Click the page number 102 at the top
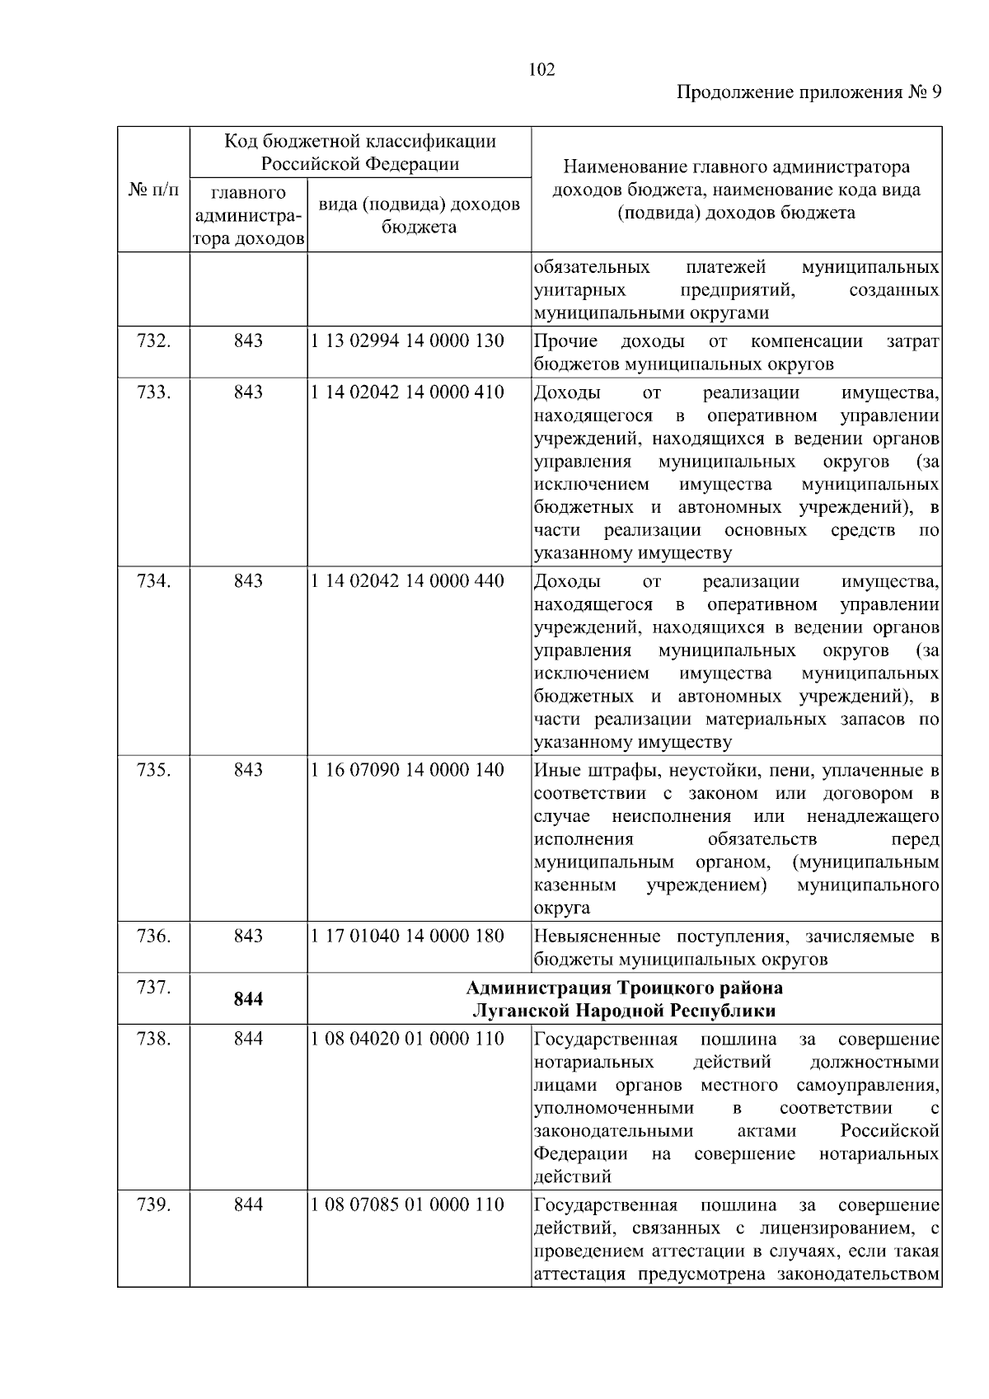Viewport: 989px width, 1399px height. pos(541,69)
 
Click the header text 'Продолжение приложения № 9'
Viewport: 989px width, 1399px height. pos(809,92)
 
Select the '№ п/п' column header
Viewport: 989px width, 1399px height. pos(153,190)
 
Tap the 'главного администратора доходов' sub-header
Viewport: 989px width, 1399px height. pos(248,216)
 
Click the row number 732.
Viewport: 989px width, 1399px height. pos(153,340)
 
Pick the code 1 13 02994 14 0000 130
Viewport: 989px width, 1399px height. pos(407,340)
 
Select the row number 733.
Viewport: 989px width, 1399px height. pos(153,392)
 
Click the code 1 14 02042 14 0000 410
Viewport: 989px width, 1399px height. pos(407,392)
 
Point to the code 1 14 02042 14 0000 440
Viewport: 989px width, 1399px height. pos(407,581)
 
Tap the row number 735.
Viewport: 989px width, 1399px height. pos(153,770)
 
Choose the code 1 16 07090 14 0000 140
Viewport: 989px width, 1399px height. pos(407,770)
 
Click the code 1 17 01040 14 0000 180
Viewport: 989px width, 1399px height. pos(407,936)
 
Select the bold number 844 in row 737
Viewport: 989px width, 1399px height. pos(248,999)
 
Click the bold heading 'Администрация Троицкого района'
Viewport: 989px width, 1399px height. pos(624,988)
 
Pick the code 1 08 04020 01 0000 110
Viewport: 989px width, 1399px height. pos(407,1039)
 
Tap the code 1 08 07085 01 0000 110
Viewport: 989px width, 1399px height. pos(407,1204)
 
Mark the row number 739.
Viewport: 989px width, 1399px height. pos(153,1204)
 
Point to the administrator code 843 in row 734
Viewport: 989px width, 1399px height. pos(248,581)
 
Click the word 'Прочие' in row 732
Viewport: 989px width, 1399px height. pos(566,341)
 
